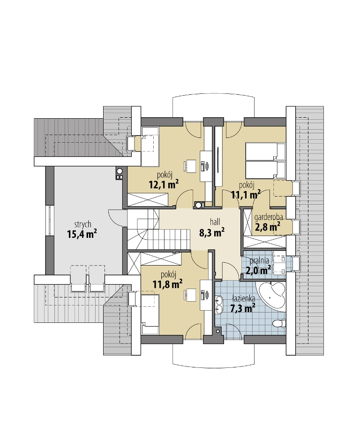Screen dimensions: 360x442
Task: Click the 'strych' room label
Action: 82,225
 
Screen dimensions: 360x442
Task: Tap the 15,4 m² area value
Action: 82,234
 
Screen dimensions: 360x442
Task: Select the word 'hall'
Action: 215,222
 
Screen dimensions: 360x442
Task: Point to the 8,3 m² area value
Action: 212,232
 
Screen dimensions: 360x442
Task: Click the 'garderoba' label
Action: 269,217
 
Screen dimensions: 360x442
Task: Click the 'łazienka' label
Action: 244,298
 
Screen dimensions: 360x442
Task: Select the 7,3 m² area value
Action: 243,308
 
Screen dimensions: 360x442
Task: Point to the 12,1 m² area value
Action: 164,185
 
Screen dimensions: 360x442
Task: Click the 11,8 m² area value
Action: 167,283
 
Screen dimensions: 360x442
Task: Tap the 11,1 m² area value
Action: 246,195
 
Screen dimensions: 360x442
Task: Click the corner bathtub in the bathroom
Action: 271,296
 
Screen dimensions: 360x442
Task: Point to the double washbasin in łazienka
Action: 219,305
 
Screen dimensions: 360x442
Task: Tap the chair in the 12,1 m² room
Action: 191,166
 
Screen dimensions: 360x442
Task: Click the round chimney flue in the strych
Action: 120,171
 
